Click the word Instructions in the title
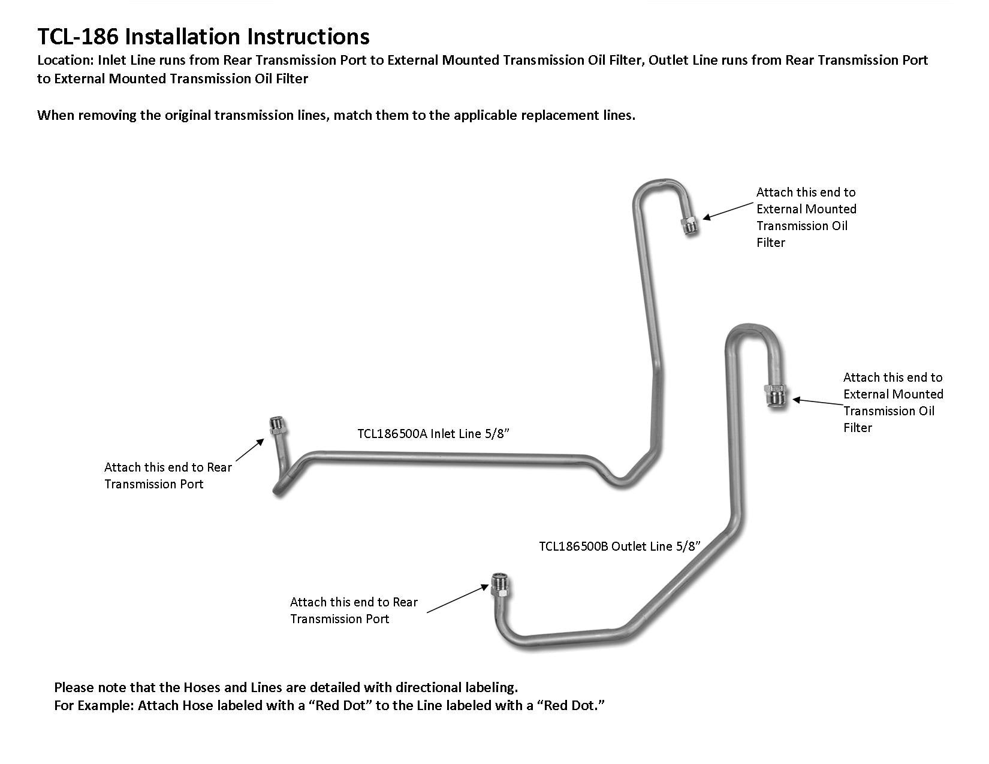click(309, 37)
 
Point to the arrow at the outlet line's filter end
click(816, 402)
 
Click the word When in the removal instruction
click(56, 115)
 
